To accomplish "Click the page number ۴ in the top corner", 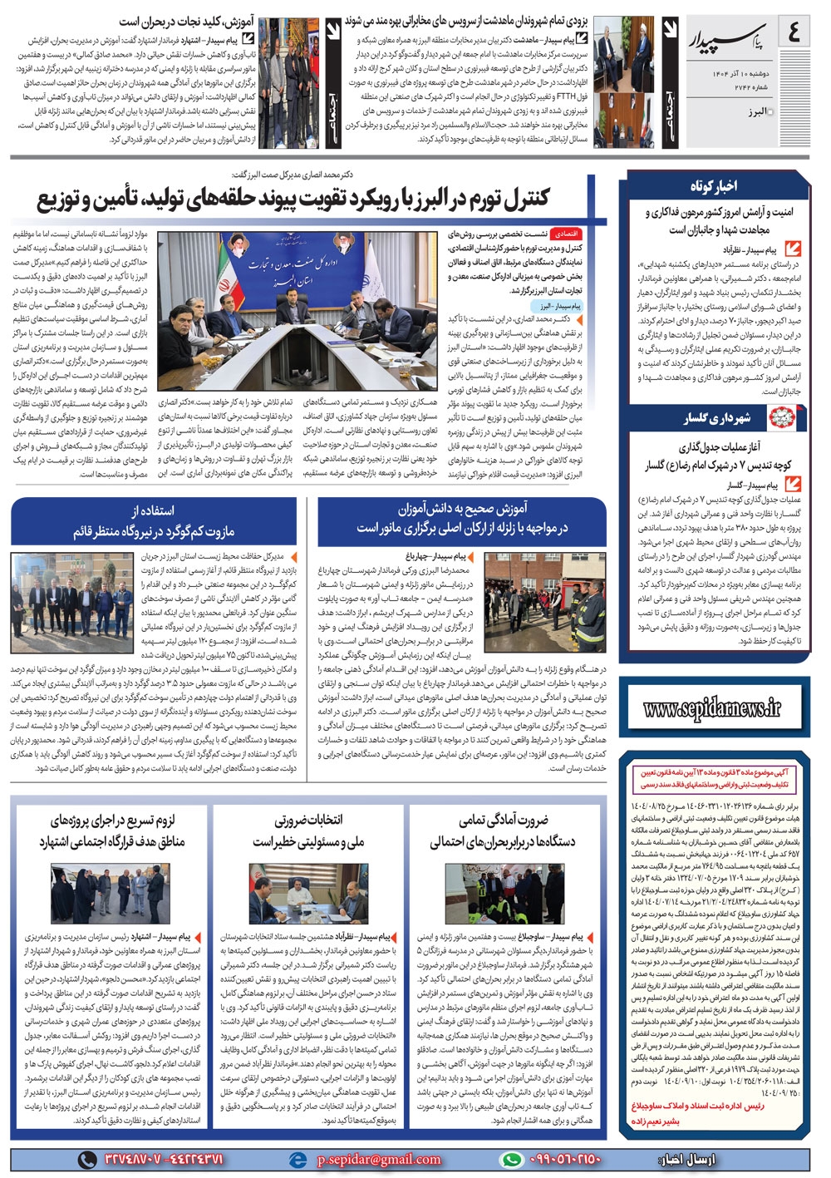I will coord(794,32).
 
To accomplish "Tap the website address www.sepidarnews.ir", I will coord(712,708).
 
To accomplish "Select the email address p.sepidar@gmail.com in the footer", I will coord(379,1159).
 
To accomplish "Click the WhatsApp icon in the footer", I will coord(511,1159).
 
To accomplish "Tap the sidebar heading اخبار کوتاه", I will coord(713,185).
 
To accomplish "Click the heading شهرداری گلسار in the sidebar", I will coord(716,418).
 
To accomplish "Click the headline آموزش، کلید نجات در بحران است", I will coord(186,22).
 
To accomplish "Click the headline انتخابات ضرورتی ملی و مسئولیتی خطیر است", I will coord(308,831).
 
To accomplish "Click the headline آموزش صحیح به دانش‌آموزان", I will coord(462,518).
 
